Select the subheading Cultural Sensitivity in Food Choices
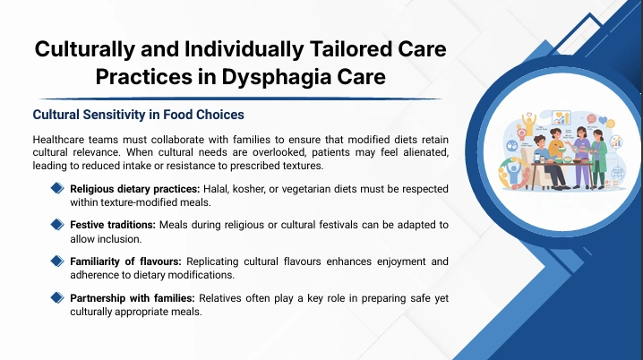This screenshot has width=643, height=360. (138, 115)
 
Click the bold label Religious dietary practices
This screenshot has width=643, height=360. (135, 189)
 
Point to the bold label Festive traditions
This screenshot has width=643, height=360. (113, 225)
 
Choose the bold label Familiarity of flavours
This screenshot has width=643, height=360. (125, 261)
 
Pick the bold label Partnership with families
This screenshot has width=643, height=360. (133, 298)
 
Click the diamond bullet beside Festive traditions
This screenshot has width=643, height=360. (57, 225)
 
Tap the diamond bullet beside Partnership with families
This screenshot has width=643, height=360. (57, 297)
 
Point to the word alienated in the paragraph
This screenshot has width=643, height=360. (425, 152)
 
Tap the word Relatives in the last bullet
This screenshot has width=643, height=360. (219, 298)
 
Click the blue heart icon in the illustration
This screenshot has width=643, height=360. (603, 121)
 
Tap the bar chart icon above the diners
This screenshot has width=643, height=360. (561, 118)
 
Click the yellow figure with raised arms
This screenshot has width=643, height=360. (529, 124)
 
